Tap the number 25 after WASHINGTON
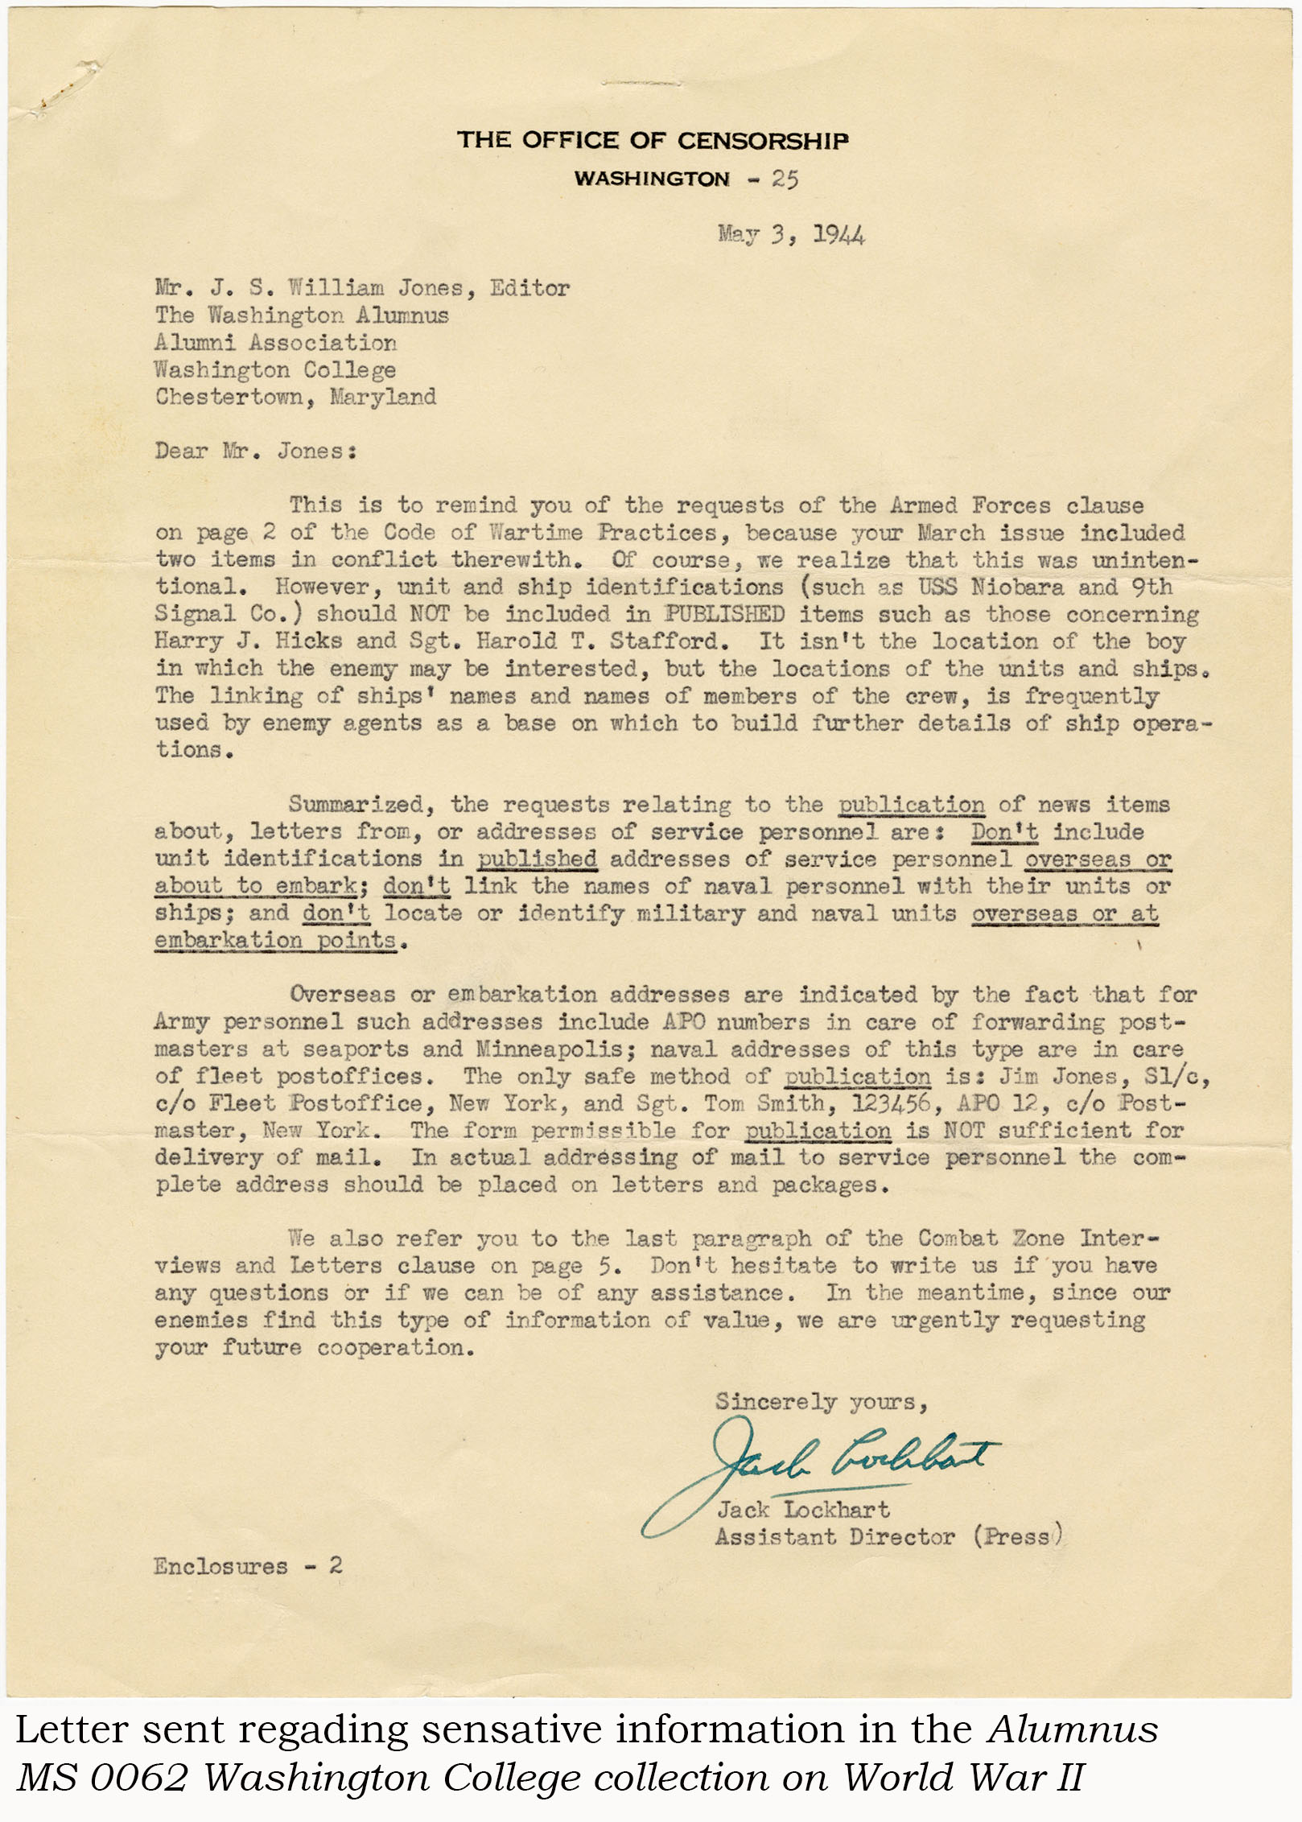[785, 179]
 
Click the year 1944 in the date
[838, 235]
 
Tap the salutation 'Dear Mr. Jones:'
[256, 451]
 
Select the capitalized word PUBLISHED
[724, 614]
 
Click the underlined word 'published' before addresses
[537, 859]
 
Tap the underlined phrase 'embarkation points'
[275, 940]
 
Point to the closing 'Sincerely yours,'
[822, 1402]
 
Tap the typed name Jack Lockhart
[803, 1510]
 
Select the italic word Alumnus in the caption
[1073, 1729]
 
